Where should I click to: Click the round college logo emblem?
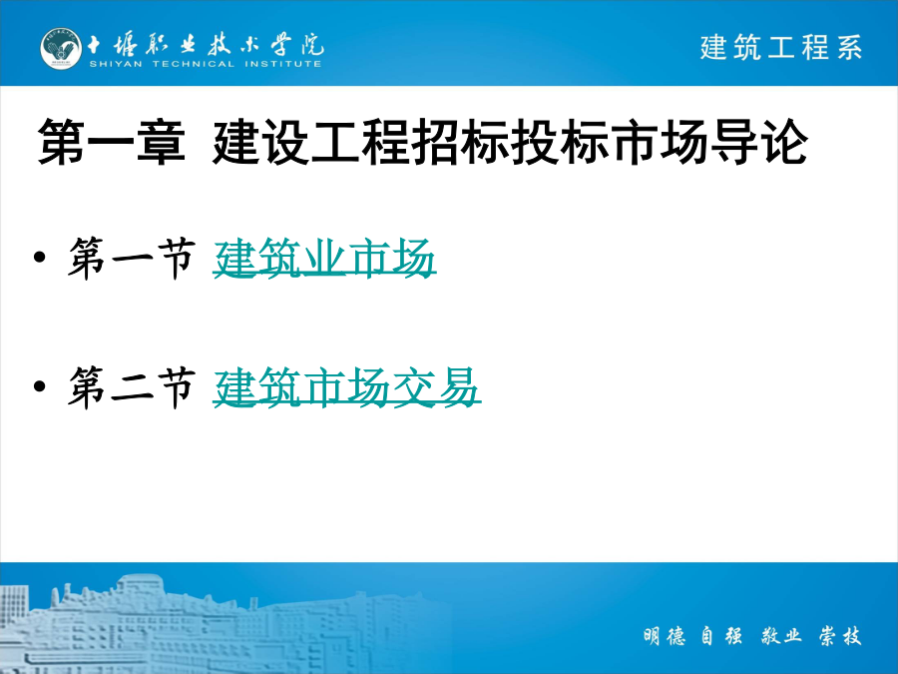tap(61, 49)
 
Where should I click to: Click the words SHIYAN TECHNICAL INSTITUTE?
tap(205, 64)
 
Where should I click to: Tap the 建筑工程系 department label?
tap(780, 47)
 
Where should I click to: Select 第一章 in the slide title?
tap(112, 142)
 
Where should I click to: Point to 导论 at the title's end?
tap(759, 142)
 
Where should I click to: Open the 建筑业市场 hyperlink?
tap(324, 259)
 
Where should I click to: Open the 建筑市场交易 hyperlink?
tap(346, 387)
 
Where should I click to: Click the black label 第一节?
tap(132, 259)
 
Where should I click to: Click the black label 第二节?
tap(132, 387)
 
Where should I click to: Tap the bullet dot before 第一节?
tap(40, 258)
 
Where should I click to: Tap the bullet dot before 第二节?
tap(40, 386)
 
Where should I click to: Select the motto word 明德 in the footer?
tap(664, 636)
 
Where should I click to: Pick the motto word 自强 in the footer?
tap(722, 636)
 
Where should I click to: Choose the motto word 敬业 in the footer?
tap(781, 636)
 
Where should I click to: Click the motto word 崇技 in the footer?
tap(840, 636)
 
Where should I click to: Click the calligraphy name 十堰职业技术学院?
tap(205, 44)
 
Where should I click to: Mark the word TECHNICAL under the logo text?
tap(194, 64)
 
